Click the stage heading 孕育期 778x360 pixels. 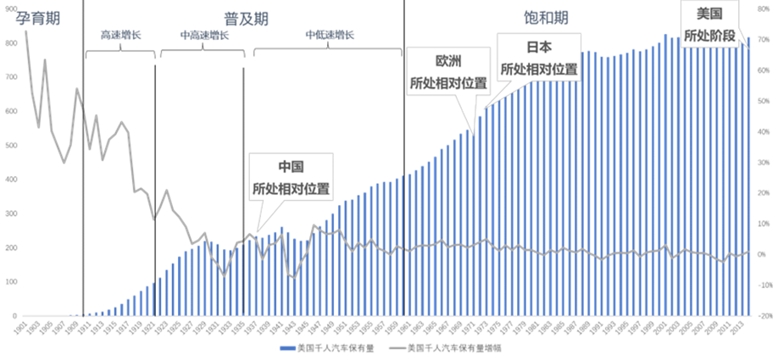click(33, 17)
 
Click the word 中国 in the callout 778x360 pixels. click(291, 167)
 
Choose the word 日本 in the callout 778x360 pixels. click(539, 47)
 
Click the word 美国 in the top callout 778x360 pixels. click(709, 14)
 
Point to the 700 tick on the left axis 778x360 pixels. click(11, 76)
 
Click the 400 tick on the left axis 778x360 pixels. click(11, 180)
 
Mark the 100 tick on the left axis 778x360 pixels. click(11, 282)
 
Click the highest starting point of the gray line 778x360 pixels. click(25, 30)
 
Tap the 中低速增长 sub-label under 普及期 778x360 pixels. click(330, 35)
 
